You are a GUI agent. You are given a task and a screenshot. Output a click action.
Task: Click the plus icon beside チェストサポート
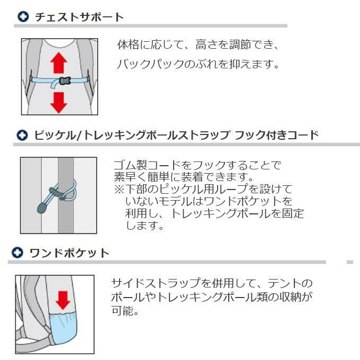click(x=23, y=16)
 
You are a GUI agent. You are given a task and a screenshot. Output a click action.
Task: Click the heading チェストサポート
click(x=79, y=17)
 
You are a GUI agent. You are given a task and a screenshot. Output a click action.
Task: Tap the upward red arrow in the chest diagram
click(x=59, y=62)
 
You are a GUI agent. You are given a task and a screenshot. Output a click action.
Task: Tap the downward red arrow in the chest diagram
click(x=59, y=103)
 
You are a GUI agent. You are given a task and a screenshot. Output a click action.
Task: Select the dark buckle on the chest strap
click(x=65, y=80)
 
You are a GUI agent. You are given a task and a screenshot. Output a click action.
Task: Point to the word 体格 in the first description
click(x=128, y=44)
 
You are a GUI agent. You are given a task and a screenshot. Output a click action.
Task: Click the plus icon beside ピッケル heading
click(x=22, y=135)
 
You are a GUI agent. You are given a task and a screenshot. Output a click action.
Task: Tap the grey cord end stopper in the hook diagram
click(x=41, y=208)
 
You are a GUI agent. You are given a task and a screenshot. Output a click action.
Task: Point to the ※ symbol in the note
click(x=119, y=189)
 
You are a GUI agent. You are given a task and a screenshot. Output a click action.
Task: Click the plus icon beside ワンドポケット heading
click(x=17, y=253)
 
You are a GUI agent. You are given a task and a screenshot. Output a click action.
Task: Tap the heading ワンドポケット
click(x=69, y=253)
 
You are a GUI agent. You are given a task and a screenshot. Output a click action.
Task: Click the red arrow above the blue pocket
click(x=62, y=300)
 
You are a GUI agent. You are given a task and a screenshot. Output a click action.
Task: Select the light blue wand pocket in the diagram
click(x=63, y=328)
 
